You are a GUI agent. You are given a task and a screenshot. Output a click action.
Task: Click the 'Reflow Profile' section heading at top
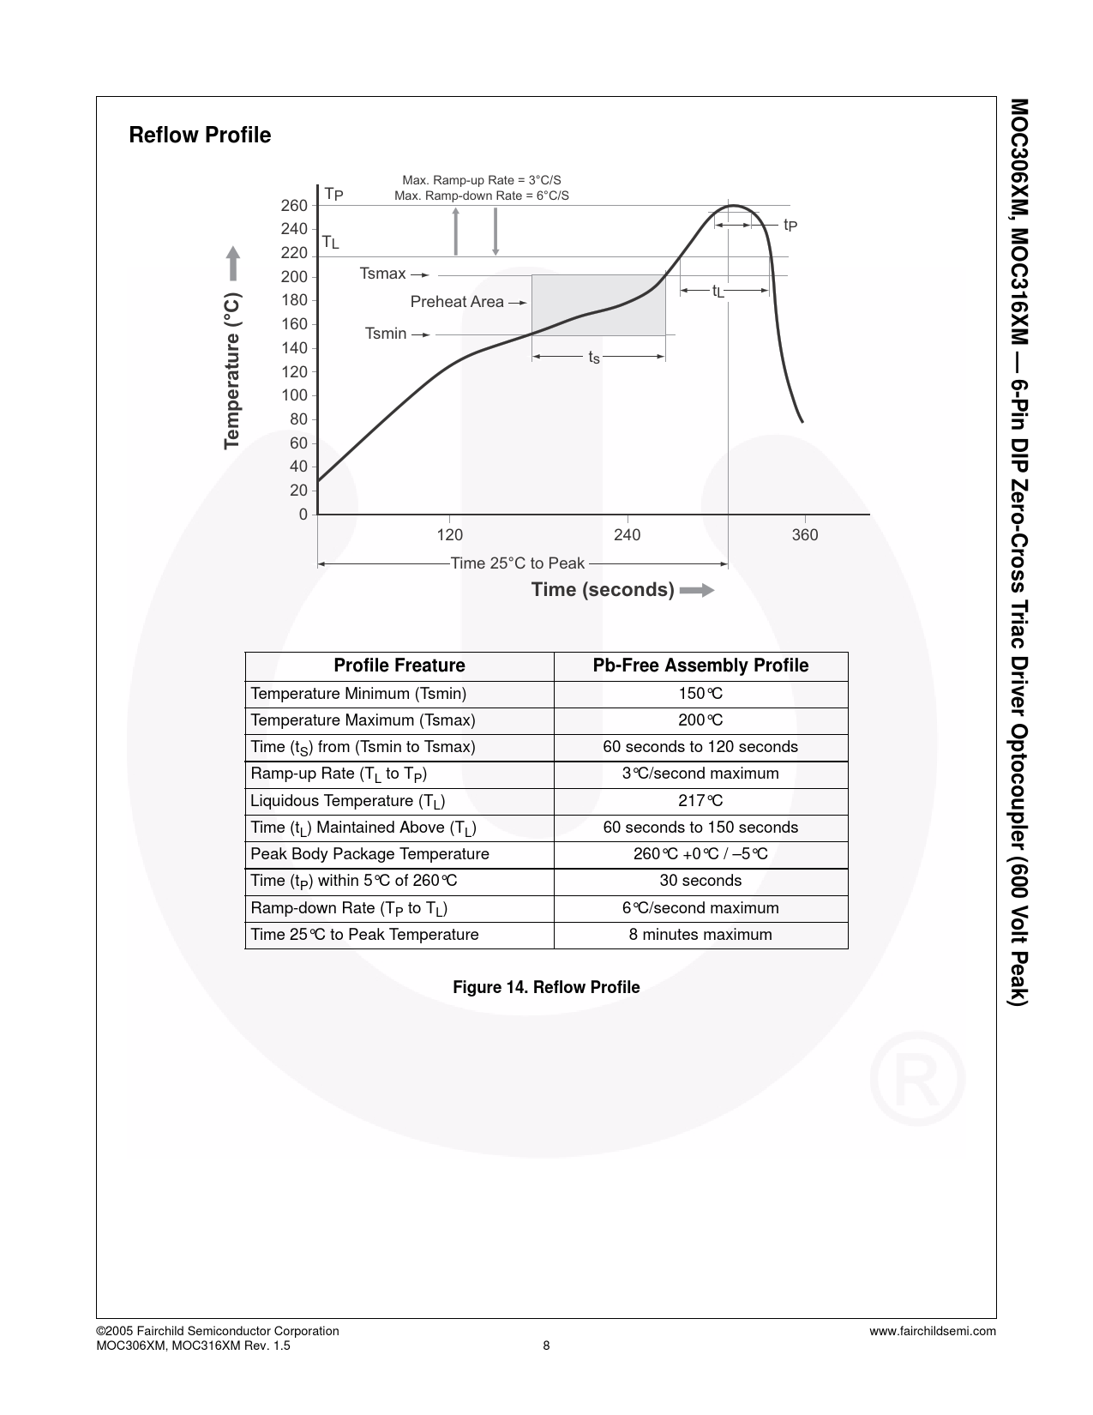point(200,135)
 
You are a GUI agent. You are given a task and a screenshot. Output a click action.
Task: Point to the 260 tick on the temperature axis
point(294,206)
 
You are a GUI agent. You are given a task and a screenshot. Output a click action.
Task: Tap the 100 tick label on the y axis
point(294,395)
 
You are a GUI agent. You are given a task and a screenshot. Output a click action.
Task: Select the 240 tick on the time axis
point(628,535)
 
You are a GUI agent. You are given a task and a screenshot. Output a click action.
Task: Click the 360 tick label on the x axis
point(805,535)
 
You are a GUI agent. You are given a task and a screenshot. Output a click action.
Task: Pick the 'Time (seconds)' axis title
point(603,590)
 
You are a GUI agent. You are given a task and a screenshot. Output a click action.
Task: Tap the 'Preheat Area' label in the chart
point(457,302)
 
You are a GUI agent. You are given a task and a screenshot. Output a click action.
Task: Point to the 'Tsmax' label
point(382,274)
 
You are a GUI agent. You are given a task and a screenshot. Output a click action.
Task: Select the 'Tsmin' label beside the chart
point(386,334)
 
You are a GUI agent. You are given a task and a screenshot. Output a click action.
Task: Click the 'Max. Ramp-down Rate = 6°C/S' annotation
point(481,196)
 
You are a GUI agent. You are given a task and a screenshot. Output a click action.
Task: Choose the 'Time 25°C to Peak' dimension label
point(517,563)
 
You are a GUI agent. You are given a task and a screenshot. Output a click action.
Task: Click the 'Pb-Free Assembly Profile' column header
point(700,666)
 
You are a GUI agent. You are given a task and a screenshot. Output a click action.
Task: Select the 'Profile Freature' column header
point(399,666)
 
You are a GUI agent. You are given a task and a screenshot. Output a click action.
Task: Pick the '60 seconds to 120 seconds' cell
point(700,747)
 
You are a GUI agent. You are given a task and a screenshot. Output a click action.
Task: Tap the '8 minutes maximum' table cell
point(700,935)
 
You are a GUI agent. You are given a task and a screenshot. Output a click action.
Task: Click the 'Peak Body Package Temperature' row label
point(369,854)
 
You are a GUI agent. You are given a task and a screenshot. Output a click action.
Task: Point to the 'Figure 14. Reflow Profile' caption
point(546,988)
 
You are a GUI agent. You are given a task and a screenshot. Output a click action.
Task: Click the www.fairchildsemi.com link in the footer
point(932,1331)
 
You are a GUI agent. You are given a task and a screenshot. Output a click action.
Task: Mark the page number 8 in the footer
point(546,1346)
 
